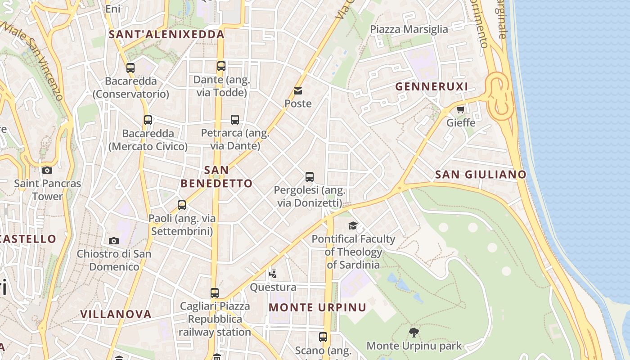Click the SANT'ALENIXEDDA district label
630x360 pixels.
tap(166, 34)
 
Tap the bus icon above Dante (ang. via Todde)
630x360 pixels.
tap(221, 66)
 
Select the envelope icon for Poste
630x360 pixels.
tap(298, 91)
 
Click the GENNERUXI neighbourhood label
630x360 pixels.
tap(432, 86)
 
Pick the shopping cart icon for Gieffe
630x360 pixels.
tap(460, 109)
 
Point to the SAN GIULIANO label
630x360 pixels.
tap(481, 175)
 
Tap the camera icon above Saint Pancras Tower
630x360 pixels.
tap(47, 170)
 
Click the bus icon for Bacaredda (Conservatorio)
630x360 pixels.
tap(130, 68)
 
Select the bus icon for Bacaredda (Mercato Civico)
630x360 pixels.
tap(148, 120)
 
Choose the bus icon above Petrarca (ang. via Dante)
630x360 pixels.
tap(235, 120)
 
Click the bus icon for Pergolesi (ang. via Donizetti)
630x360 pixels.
tap(310, 177)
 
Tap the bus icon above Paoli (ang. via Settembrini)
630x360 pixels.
tap(182, 205)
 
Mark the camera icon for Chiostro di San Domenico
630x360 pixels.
tap(114, 241)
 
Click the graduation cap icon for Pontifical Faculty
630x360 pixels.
tap(353, 225)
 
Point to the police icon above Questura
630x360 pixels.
tap(273, 274)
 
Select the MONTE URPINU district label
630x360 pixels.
tap(317, 308)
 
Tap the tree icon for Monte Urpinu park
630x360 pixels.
tap(414, 333)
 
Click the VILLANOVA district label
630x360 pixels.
tap(116, 314)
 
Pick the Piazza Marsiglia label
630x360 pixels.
tap(409, 29)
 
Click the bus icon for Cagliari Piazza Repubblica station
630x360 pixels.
tap(215, 293)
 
